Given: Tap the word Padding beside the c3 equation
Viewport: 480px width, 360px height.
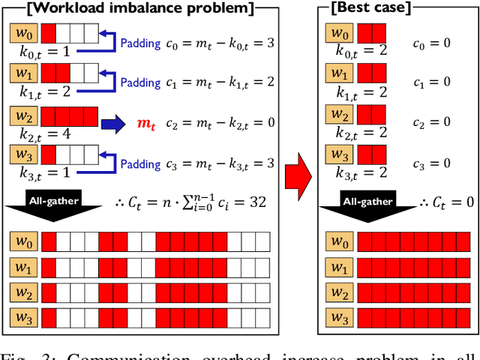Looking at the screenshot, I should (140, 163).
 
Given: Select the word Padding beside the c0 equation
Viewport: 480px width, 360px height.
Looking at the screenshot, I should (140, 43).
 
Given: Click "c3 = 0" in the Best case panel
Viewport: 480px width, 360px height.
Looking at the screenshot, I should (431, 163).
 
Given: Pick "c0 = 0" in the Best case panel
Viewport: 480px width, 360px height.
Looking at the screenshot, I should (431, 43).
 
